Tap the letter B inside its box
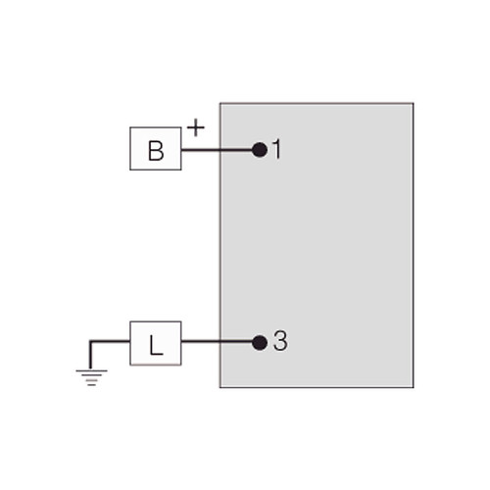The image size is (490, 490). pos(156,151)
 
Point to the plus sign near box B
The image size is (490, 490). pos(196,127)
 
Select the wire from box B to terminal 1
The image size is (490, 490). pos(217,150)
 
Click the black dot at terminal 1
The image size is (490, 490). pos(260,150)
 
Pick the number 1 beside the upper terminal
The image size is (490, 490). pos(276,149)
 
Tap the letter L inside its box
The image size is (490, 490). pos(156,345)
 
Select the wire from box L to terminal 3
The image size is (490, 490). pos(217,342)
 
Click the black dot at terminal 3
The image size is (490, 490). pos(260,343)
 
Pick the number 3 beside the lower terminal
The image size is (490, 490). pos(280,341)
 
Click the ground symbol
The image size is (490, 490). pos(91,378)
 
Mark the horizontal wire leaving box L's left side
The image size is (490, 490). pos(110,341)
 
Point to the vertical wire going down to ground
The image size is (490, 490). pos(90,356)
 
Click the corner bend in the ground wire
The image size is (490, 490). pos(91,342)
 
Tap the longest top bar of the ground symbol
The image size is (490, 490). pos(91,370)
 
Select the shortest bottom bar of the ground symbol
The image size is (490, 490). pos(91,385)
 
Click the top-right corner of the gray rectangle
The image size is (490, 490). pos(414,103)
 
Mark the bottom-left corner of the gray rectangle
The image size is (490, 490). pos(220,387)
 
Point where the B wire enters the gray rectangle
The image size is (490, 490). pos(220,150)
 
